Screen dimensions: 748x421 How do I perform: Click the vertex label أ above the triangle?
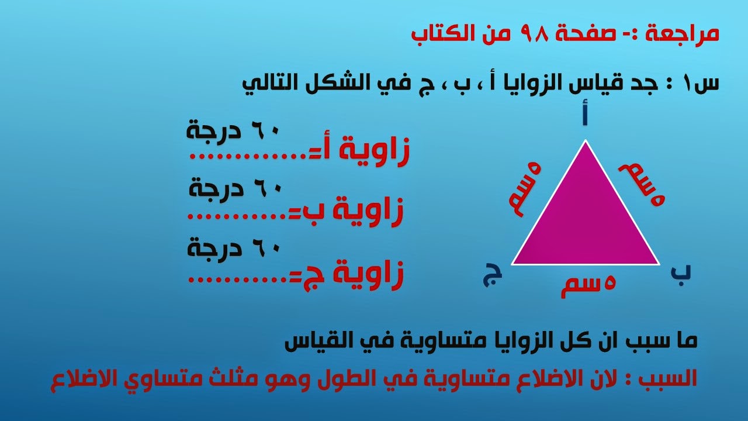pos(584,112)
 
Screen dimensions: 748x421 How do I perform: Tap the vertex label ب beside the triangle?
pos(681,273)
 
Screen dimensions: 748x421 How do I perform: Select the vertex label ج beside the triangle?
pos(492,274)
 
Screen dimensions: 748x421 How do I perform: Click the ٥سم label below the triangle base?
pos(588,287)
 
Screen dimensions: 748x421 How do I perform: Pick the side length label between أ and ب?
pos(642,184)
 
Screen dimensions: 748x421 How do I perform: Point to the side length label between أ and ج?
pos(525,189)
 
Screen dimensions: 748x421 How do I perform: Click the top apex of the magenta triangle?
pos(586,140)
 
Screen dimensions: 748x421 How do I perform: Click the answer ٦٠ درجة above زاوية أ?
pos(233,130)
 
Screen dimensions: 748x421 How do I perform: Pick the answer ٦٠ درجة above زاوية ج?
pos(233,249)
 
